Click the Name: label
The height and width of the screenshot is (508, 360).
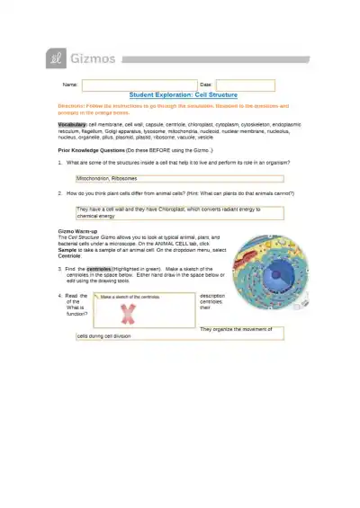[69, 85]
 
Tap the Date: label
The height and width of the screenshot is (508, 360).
[205, 85]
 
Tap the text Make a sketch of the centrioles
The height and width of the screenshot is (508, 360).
[130, 296]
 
